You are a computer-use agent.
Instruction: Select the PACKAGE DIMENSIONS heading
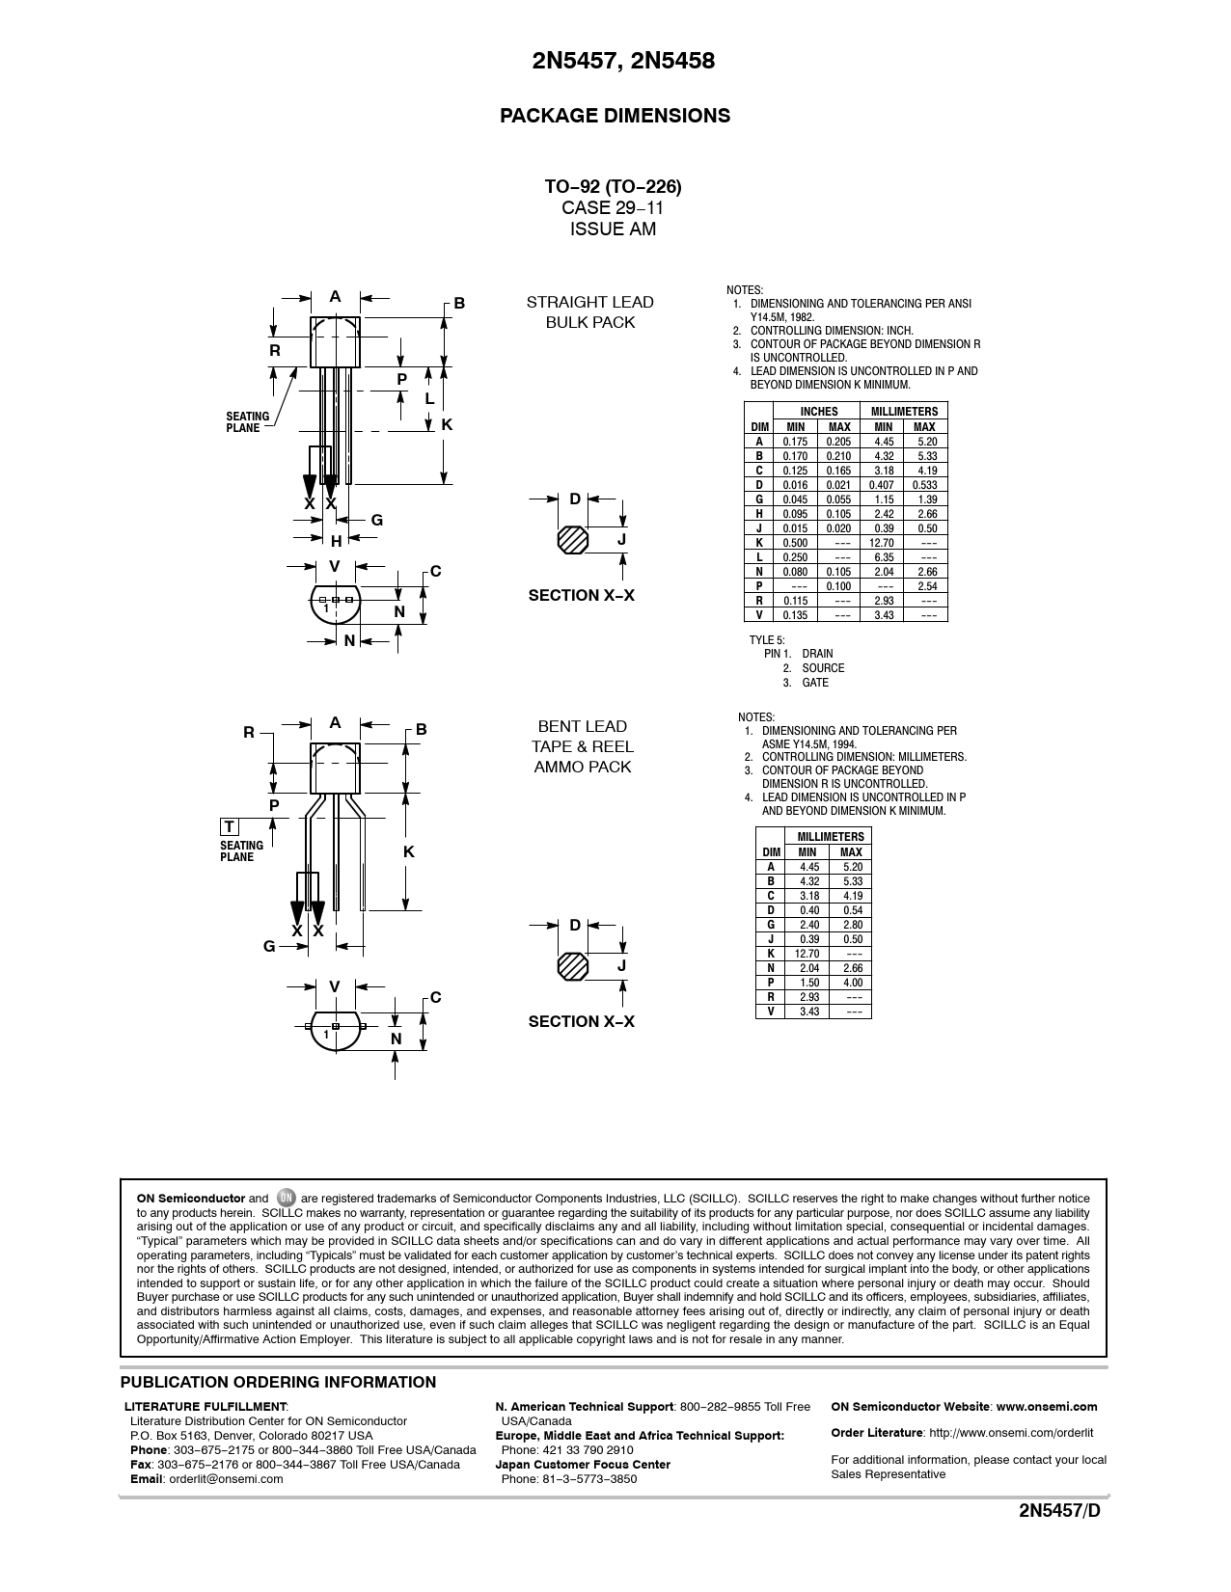[x=615, y=116]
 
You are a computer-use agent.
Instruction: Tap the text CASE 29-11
[x=613, y=207]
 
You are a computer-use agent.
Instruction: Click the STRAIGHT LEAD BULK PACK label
[x=589, y=312]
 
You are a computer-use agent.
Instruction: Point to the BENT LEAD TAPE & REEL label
[x=583, y=746]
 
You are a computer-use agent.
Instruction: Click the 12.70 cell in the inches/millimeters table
[x=884, y=543]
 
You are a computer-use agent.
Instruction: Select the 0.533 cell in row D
[x=924, y=485]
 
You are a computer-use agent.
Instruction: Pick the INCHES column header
[x=819, y=412]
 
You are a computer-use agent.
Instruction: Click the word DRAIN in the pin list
[x=817, y=654]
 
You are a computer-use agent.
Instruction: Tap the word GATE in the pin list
[x=815, y=683]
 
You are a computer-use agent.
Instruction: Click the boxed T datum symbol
[x=230, y=827]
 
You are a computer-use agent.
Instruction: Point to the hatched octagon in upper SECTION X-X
[x=572, y=540]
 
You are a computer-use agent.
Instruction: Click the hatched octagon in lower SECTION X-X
[x=572, y=966]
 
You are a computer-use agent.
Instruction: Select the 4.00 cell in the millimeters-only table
[x=852, y=983]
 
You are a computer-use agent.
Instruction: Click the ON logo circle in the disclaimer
[x=285, y=1198]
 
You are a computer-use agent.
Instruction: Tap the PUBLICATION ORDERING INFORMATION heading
[x=278, y=1382]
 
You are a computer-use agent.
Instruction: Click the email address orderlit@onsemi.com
[x=226, y=1479]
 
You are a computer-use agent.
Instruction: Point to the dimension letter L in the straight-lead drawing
[x=429, y=398]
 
